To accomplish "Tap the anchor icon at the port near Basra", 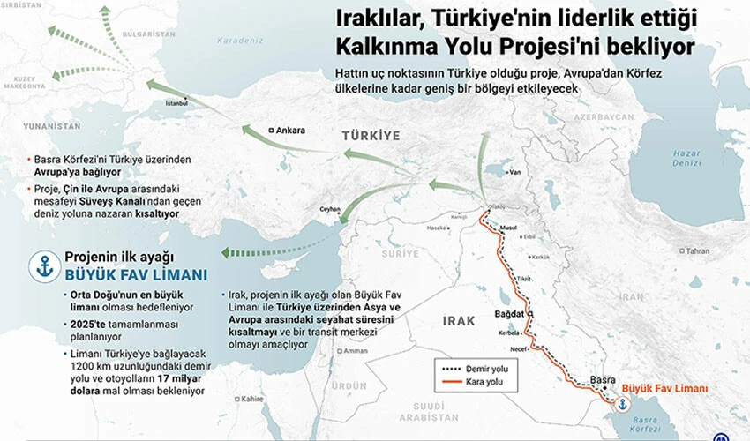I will pyautogui.click(x=622, y=404).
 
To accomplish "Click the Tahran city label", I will pyautogui.click(x=697, y=250).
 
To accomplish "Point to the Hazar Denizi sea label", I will pyautogui.click(x=686, y=157).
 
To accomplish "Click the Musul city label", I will pyautogui.click(x=508, y=227).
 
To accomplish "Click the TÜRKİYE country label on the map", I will pyautogui.click(x=371, y=135).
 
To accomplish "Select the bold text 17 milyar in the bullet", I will pyautogui.click(x=173, y=378).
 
